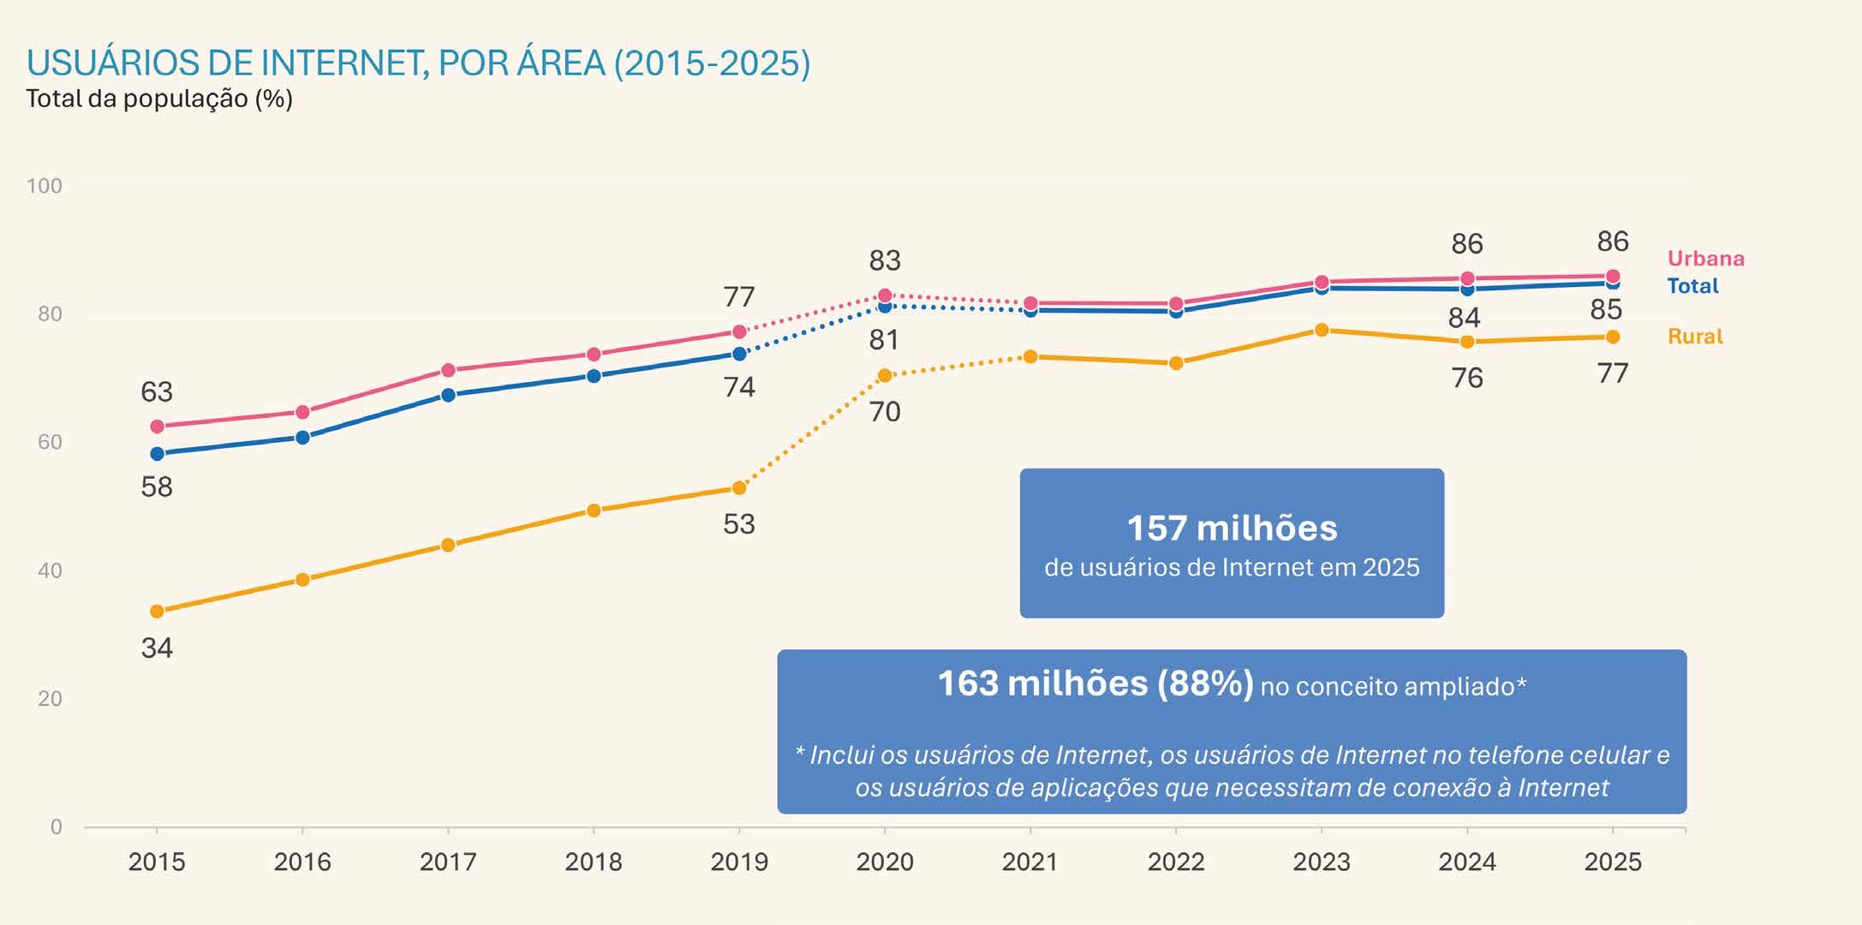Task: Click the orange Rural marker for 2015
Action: (x=157, y=612)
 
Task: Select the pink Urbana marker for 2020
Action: (x=885, y=295)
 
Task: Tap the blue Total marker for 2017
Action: (x=448, y=395)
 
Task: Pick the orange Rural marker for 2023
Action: (x=1322, y=330)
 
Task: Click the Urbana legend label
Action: (x=1705, y=259)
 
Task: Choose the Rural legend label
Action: (x=1695, y=337)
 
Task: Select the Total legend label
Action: (x=1692, y=286)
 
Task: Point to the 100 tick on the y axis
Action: (x=45, y=186)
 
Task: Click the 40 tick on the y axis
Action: (x=51, y=570)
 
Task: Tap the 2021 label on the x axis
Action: (x=1030, y=862)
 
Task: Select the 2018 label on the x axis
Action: (x=594, y=862)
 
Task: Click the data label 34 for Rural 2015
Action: (x=157, y=648)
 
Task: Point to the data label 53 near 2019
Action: (x=739, y=524)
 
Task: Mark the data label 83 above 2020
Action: (x=885, y=260)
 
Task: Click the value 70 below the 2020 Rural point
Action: (x=885, y=412)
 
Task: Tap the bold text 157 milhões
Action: (x=1232, y=528)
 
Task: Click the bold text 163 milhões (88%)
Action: (x=1095, y=683)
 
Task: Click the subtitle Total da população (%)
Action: (x=159, y=99)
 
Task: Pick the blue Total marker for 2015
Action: (x=157, y=454)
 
